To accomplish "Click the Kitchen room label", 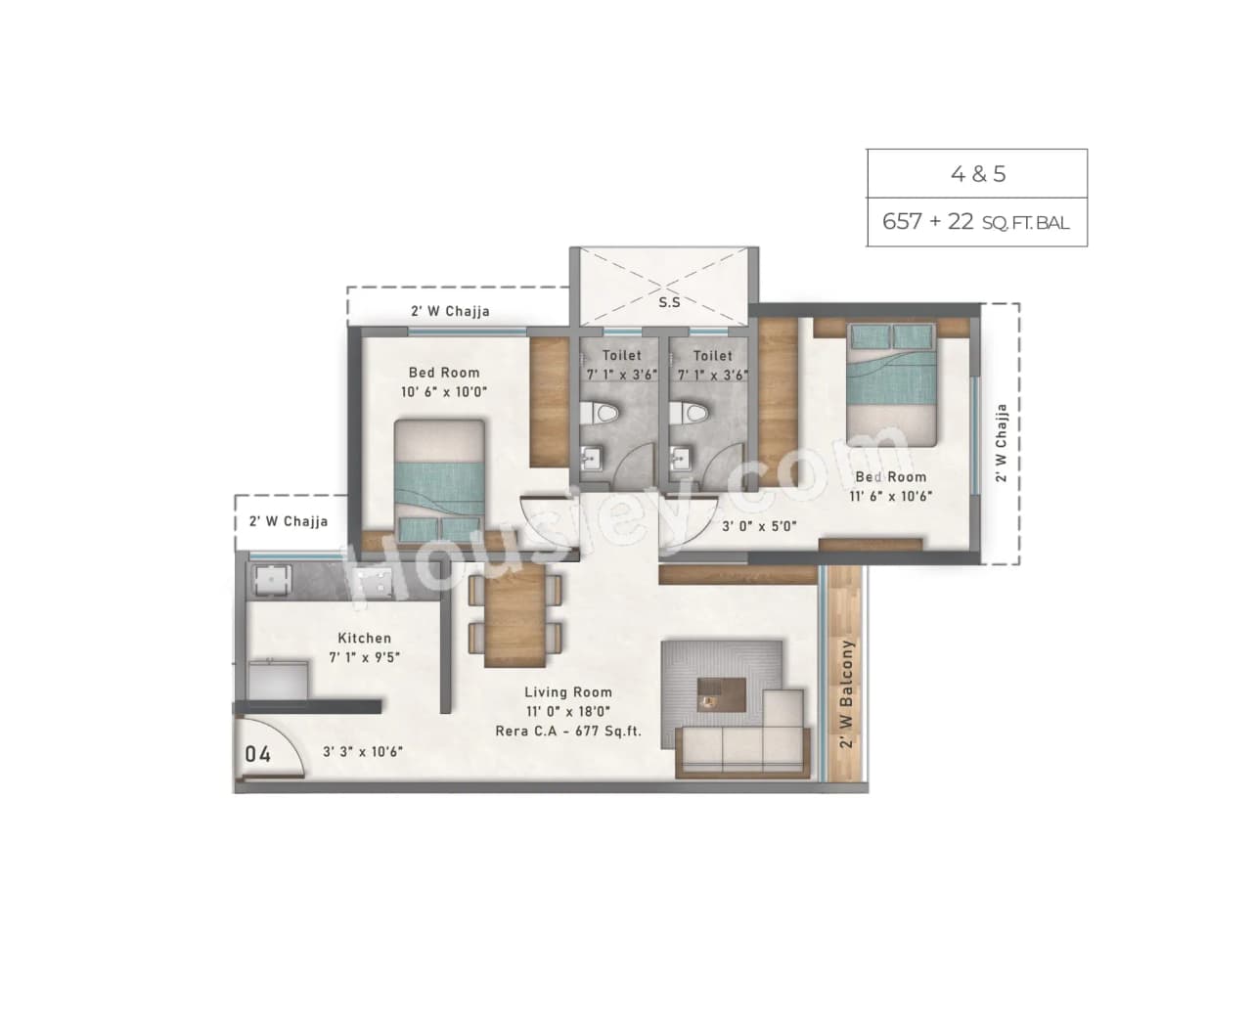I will (x=364, y=638).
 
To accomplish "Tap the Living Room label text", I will (x=567, y=692).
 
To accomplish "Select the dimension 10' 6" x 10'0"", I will (x=443, y=392).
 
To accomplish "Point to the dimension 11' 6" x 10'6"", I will (x=890, y=496).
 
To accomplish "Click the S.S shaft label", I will (x=669, y=302).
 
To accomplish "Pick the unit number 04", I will (x=257, y=754).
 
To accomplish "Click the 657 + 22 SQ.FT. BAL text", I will (x=976, y=222).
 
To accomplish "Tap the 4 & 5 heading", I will (x=977, y=174).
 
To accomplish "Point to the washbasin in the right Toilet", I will (x=681, y=457).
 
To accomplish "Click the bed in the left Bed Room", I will (x=439, y=478).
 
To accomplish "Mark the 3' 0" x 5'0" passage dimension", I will (x=758, y=526).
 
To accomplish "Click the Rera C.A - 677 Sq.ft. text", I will (x=567, y=731).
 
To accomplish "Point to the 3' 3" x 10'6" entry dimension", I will (x=363, y=752).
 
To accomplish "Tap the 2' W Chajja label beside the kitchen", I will (x=288, y=521).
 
